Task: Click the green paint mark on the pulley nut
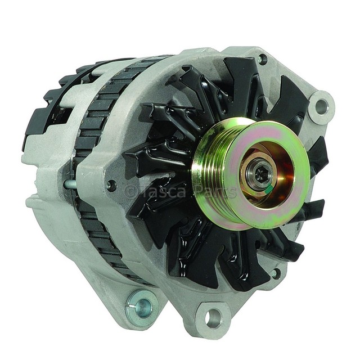(x=269, y=189)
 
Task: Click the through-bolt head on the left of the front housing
(x=111, y=185)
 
